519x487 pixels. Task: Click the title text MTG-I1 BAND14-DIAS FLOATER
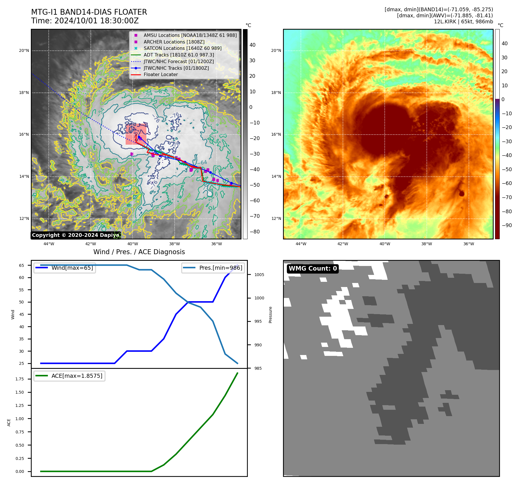tap(89, 12)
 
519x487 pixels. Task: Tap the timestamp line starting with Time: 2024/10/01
tap(85, 21)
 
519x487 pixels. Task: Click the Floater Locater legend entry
tap(161, 74)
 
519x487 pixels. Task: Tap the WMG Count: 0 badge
tap(313, 269)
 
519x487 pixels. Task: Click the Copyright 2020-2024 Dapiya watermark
tap(76, 235)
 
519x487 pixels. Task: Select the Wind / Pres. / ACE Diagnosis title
tap(139, 252)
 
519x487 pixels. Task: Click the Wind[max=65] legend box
tap(65, 268)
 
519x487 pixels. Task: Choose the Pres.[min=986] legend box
tap(213, 268)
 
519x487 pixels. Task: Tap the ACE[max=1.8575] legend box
tap(69, 376)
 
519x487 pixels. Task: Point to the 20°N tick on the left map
tap(24, 51)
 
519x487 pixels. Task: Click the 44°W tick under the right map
tap(301, 244)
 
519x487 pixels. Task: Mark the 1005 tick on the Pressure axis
tap(259, 275)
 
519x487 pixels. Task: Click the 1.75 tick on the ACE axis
tap(20, 379)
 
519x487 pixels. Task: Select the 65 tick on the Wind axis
tap(22, 265)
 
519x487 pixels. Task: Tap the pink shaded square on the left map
tap(136, 134)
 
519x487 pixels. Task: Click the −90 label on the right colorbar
tap(507, 225)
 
